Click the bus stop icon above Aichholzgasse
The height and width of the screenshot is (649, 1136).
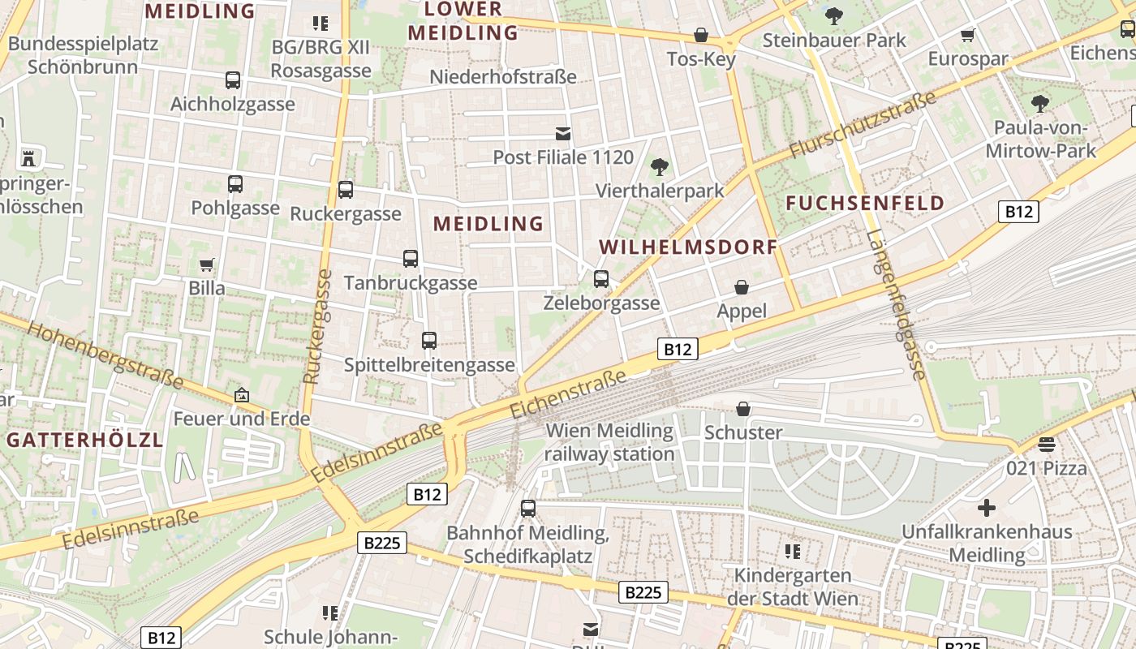pyautogui.click(x=233, y=80)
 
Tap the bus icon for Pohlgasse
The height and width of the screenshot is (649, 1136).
pyautogui.click(x=235, y=184)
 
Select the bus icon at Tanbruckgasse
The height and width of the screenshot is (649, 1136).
pyautogui.click(x=411, y=259)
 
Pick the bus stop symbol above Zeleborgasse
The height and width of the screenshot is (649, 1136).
pyautogui.click(x=601, y=279)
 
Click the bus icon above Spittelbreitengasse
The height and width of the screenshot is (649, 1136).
pyautogui.click(x=429, y=341)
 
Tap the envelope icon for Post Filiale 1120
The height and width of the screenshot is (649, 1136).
pyautogui.click(x=563, y=133)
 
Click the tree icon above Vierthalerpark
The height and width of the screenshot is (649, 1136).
pyautogui.click(x=660, y=167)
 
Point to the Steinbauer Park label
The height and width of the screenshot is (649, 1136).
pyautogui.click(x=834, y=39)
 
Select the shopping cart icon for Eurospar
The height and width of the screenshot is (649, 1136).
pyautogui.click(x=967, y=35)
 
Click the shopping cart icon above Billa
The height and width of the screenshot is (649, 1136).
pyautogui.click(x=207, y=264)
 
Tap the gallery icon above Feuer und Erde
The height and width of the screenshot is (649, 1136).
pyautogui.click(x=241, y=395)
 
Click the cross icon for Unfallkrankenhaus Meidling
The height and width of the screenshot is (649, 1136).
pyautogui.click(x=987, y=509)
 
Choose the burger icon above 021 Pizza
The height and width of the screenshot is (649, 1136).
pyautogui.click(x=1047, y=445)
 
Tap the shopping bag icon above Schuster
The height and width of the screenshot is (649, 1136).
pyautogui.click(x=743, y=409)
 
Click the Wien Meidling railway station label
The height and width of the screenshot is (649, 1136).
pyautogui.click(x=609, y=442)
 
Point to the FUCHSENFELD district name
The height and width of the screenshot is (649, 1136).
pyautogui.click(x=866, y=203)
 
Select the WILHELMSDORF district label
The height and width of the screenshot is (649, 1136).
pyautogui.click(x=688, y=247)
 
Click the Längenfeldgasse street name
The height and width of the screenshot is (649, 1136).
pyautogui.click(x=896, y=305)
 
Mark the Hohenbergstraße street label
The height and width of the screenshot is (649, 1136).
pyautogui.click(x=105, y=354)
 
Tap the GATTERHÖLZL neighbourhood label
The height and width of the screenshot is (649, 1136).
pyautogui.click(x=85, y=441)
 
